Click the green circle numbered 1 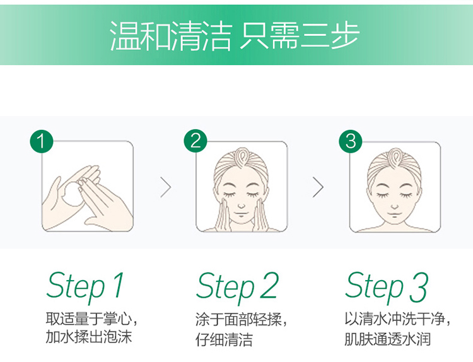[x=42, y=141]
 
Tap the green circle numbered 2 [x=196, y=141]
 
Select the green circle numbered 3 [x=351, y=141]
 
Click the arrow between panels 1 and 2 [x=166, y=187]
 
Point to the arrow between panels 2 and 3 [x=318, y=187]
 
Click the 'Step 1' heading [x=85, y=286]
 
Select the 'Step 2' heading [x=237, y=286]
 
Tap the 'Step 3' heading [x=387, y=286]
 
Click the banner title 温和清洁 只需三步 [x=235, y=35]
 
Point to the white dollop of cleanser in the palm [x=73, y=194]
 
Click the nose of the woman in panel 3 [x=395, y=207]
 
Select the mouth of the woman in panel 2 [x=241, y=214]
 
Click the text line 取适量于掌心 [x=89, y=318]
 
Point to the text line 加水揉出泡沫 [x=89, y=337]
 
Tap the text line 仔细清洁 [x=224, y=339]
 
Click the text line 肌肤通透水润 [x=388, y=339]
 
